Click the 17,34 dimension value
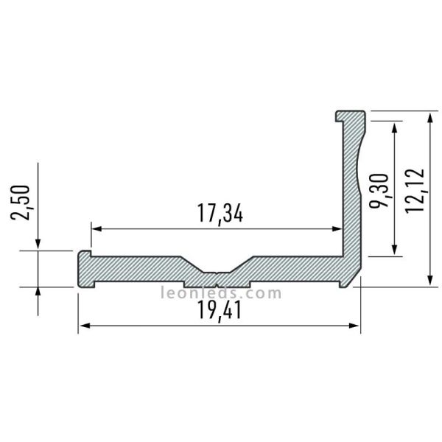pos(220,214)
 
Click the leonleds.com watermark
pos(220,293)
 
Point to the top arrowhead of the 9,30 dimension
pos(397,126)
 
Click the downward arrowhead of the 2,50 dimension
pos(38,246)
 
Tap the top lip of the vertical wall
pos(351,116)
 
